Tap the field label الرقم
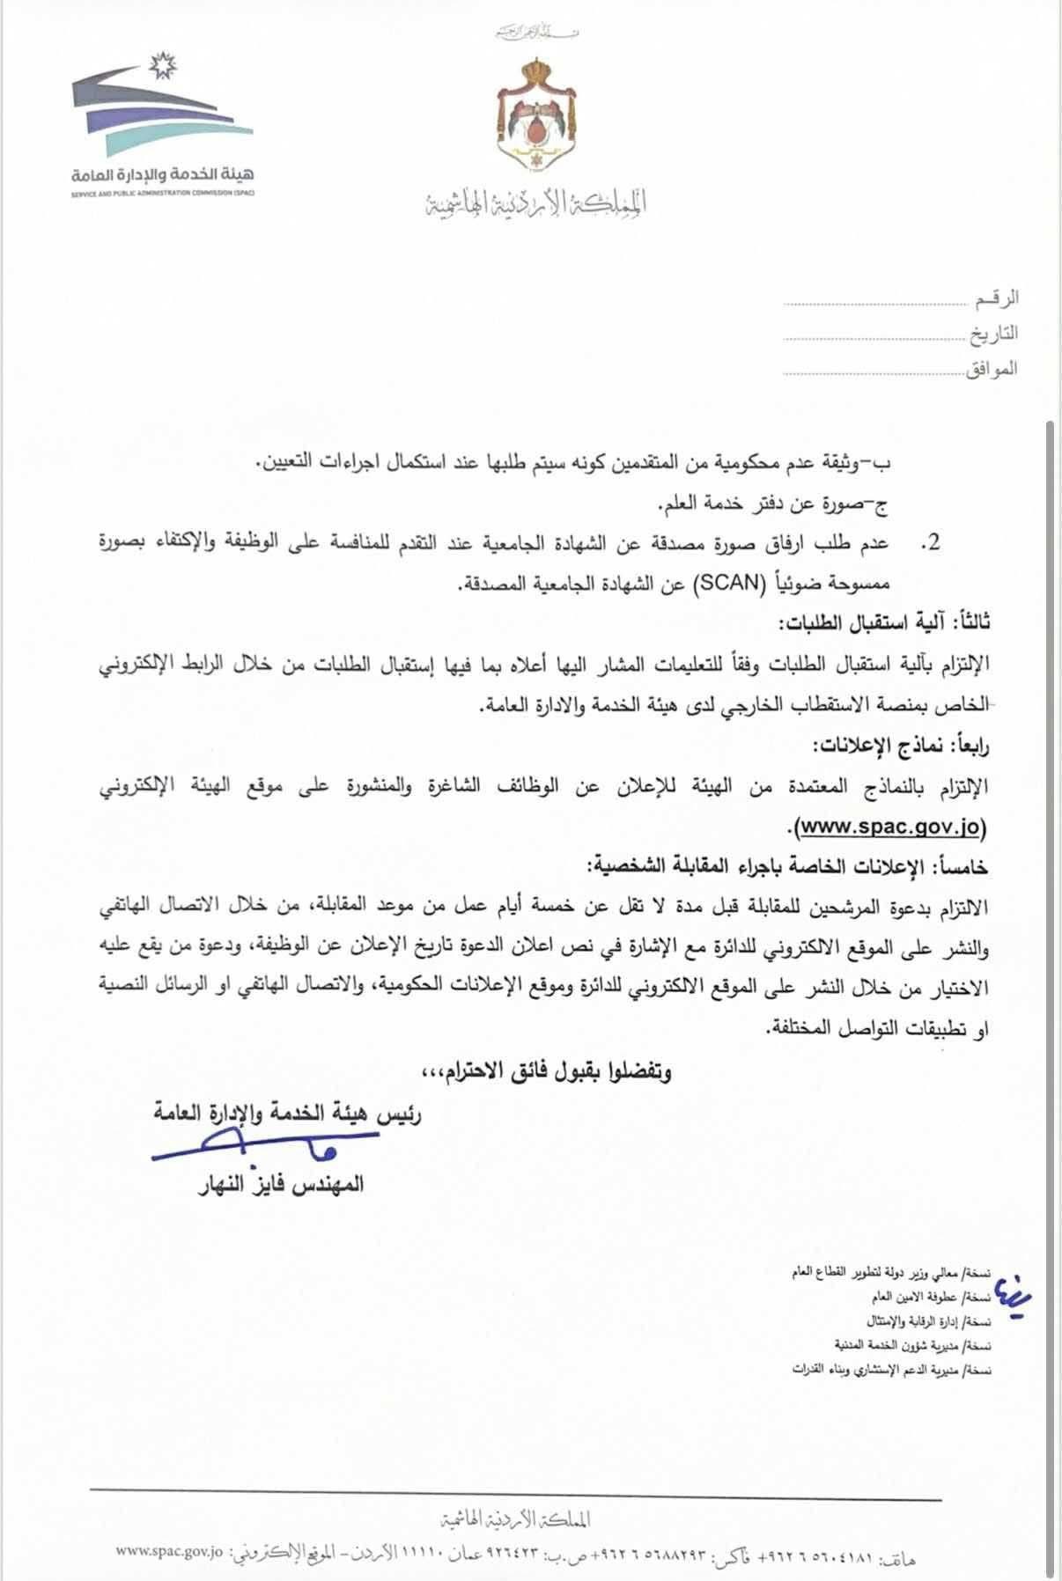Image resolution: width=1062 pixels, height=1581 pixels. tap(997, 299)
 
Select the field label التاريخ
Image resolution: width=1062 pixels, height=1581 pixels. tap(993, 334)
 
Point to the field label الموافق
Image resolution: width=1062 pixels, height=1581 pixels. tap(992, 369)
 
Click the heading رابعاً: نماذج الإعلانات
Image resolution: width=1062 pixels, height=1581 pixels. tap(900, 746)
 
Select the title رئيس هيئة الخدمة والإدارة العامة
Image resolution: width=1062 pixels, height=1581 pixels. tap(288, 1114)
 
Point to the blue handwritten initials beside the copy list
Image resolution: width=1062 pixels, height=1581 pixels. tap(1004, 1291)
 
